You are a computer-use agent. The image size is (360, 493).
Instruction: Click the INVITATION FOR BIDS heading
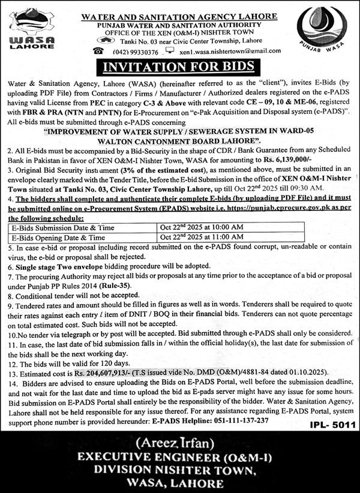180,66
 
